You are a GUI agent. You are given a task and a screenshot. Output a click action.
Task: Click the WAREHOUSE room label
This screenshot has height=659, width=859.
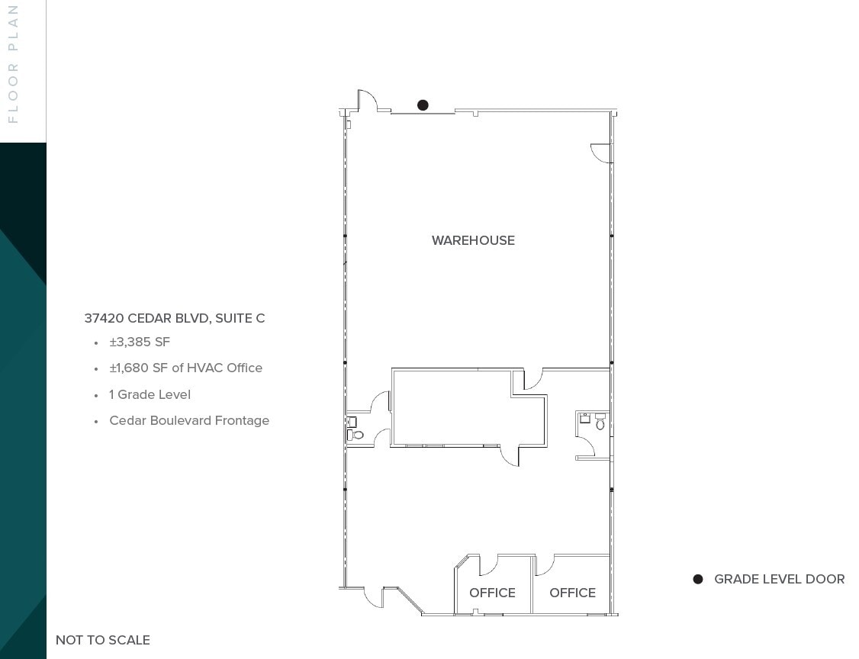coord(473,240)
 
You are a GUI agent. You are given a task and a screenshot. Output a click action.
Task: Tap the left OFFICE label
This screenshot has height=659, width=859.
coord(492,593)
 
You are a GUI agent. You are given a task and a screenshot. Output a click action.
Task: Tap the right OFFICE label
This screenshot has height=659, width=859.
coord(572,593)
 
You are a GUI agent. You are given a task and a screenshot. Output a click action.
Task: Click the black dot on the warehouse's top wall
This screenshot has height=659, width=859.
coord(423,105)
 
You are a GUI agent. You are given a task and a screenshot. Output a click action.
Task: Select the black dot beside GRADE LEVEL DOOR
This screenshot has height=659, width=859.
coord(697,580)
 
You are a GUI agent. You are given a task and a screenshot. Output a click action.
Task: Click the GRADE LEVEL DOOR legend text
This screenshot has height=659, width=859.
coord(779,580)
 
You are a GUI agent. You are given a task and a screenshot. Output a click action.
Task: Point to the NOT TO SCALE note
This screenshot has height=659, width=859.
coord(103,640)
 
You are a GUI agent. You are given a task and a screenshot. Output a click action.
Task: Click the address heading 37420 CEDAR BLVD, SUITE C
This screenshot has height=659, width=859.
coord(175,318)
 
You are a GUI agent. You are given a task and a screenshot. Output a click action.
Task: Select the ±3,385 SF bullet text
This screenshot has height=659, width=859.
coord(140,342)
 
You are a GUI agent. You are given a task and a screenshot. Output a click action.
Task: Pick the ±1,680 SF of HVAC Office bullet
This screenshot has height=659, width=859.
coord(185,368)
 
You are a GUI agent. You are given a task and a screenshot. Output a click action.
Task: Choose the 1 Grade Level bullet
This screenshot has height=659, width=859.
coord(150,394)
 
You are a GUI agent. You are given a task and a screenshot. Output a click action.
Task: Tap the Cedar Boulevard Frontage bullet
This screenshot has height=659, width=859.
coord(189,420)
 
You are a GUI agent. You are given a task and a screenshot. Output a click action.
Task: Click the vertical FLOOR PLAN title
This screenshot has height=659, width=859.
coord(13,63)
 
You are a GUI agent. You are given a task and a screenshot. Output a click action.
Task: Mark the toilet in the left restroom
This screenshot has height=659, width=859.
coord(357,436)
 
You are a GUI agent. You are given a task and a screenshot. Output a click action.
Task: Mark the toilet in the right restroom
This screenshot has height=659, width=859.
coord(600,423)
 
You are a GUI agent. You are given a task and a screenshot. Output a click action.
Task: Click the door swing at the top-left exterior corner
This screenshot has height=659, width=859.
coord(367,101)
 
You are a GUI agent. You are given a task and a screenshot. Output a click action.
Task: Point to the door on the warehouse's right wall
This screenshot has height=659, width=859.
coord(602,153)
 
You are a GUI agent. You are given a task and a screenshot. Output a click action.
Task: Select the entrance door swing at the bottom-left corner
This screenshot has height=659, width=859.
coord(373,597)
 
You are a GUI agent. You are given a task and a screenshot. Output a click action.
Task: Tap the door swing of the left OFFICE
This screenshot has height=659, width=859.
coord(487,565)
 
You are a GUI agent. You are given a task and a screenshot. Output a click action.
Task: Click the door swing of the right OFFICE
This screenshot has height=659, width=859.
coord(545,565)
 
